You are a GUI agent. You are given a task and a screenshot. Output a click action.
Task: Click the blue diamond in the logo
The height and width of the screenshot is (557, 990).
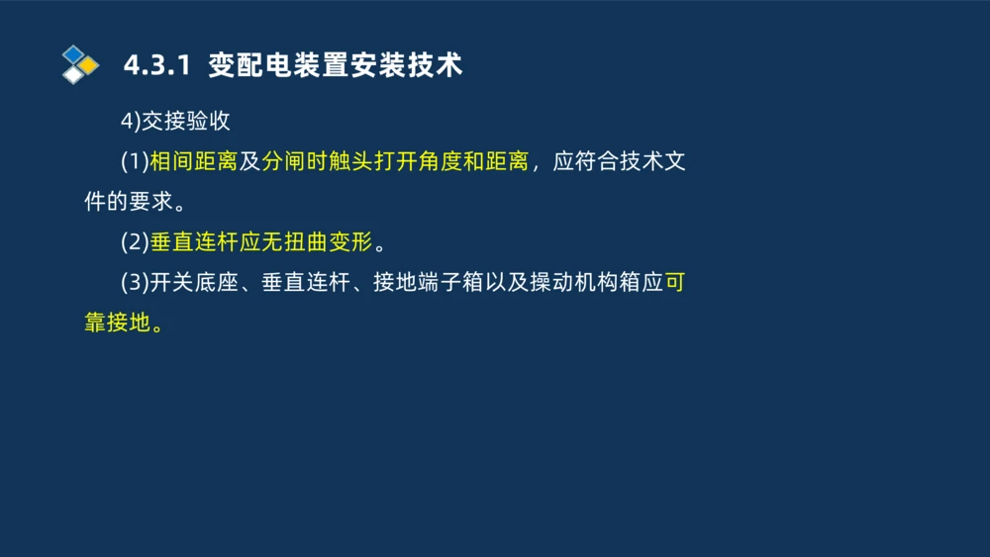click(72, 53)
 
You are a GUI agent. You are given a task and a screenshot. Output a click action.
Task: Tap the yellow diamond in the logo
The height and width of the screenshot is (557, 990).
click(89, 65)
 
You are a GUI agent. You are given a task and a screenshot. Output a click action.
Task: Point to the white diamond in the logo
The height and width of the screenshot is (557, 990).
click(73, 75)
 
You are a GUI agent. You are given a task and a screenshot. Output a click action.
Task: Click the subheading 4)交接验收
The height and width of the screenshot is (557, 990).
click(175, 122)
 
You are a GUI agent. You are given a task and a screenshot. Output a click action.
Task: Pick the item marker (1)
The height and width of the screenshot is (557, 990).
click(135, 162)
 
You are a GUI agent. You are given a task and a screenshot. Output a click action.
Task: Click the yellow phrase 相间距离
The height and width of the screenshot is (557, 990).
click(193, 162)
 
